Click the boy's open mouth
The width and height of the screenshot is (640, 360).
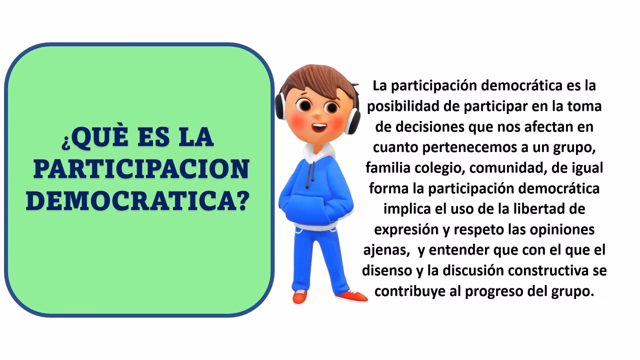[318, 127]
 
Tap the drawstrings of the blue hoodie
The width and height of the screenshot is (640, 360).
[312, 172]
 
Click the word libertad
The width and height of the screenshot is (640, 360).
[542, 209]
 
